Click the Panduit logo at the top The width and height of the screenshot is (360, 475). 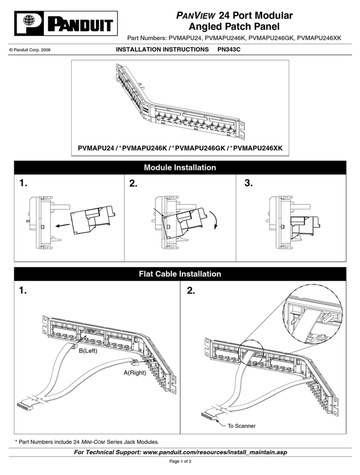point(66,24)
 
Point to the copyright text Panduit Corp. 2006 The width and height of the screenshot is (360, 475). point(29,50)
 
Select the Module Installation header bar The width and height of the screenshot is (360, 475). point(180,168)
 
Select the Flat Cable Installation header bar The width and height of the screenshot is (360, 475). point(180,274)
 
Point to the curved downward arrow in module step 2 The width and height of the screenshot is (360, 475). point(217,221)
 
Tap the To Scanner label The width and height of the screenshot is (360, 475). point(241,426)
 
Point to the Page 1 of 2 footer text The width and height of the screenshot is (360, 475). point(180,461)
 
